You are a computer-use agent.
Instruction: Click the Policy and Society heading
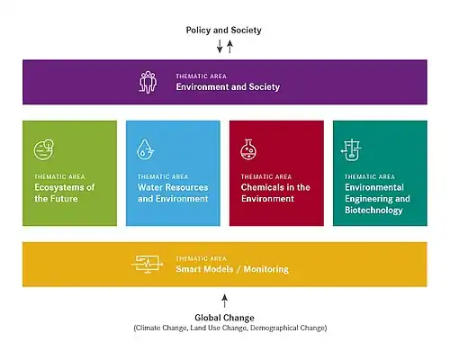pos(223,30)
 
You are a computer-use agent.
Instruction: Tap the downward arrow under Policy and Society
pos(220,46)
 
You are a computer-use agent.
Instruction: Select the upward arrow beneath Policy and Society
pos(229,47)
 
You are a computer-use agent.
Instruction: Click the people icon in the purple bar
pos(148,82)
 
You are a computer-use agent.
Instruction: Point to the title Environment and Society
pos(228,86)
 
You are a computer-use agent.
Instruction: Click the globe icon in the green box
pos(44,149)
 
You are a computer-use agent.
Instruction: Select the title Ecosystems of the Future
pos(65,193)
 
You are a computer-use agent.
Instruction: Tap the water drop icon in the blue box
pos(146,148)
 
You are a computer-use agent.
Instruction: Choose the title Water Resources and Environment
pos(173,193)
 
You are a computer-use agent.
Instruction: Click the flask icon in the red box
pos(248,149)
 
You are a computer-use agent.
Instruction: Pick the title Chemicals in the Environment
pos(275,193)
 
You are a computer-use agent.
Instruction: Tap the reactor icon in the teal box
pos(351,149)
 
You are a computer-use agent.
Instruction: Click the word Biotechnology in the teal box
pos(373,210)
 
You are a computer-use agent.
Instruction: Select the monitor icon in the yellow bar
pos(148,265)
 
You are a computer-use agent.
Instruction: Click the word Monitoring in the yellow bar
pos(266,269)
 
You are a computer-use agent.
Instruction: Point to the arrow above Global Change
pos(225,301)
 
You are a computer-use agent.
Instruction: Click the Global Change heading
pos(224,318)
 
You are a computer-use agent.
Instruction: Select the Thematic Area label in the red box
pos(266,176)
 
